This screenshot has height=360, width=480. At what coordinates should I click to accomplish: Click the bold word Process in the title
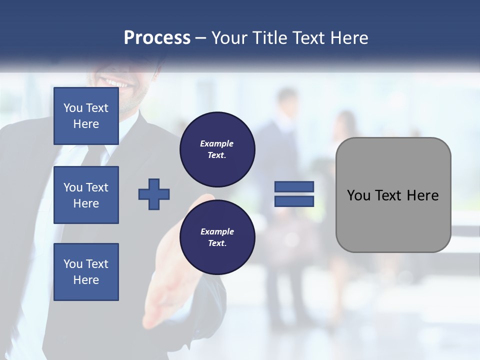tap(157, 38)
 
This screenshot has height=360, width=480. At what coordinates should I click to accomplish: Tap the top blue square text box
tap(86, 116)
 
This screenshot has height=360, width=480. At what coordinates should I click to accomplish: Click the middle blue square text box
tap(86, 195)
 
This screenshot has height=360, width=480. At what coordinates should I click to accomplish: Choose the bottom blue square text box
tap(86, 272)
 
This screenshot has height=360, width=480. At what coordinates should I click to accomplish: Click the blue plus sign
tap(154, 194)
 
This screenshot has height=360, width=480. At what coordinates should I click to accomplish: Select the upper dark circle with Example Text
tap(217, 149)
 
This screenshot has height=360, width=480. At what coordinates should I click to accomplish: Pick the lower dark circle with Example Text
tap(217, 237)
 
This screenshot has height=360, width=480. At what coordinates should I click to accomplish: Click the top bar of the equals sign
tap(294, 187)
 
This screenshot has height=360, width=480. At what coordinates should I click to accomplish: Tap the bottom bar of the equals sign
tap(294, 201)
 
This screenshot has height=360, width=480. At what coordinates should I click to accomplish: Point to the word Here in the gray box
tap(422, 195)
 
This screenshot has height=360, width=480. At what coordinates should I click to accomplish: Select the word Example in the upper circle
tap(216, 143)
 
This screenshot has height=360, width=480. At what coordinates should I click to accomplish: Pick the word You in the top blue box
tap(73, 108)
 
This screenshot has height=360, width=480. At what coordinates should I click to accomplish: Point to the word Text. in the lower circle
tap(217, 243)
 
